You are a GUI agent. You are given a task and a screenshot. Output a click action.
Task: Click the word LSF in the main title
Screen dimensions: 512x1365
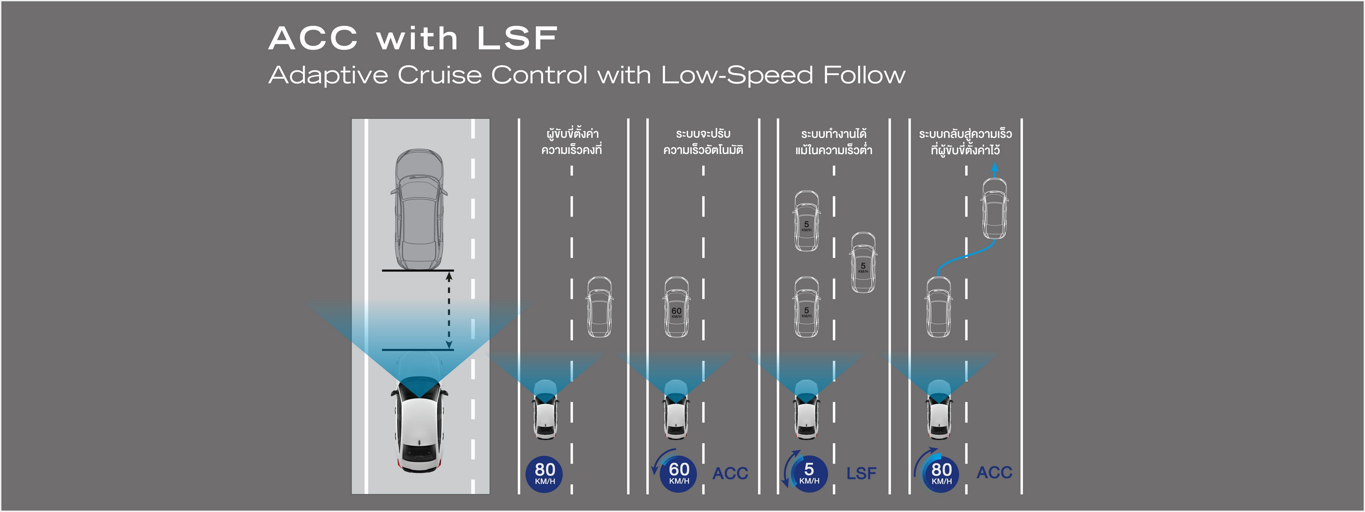[517, 39]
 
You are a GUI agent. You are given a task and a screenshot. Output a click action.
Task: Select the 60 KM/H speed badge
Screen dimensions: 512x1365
[679, 473]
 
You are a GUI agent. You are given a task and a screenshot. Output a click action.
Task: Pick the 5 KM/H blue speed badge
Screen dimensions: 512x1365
[809, 473]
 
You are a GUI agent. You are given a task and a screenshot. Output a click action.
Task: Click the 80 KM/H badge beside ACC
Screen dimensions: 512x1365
[941, 473]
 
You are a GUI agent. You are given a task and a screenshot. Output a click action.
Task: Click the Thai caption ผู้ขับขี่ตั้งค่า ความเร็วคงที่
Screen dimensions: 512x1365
[571, 142]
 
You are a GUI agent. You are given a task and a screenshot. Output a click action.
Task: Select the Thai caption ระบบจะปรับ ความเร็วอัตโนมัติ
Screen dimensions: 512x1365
[703, 142]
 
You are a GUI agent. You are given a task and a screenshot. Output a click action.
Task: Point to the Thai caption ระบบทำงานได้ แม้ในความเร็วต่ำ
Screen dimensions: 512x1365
[834, 142]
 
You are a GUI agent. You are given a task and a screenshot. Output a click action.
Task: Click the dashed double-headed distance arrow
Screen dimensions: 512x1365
[449, 310]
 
